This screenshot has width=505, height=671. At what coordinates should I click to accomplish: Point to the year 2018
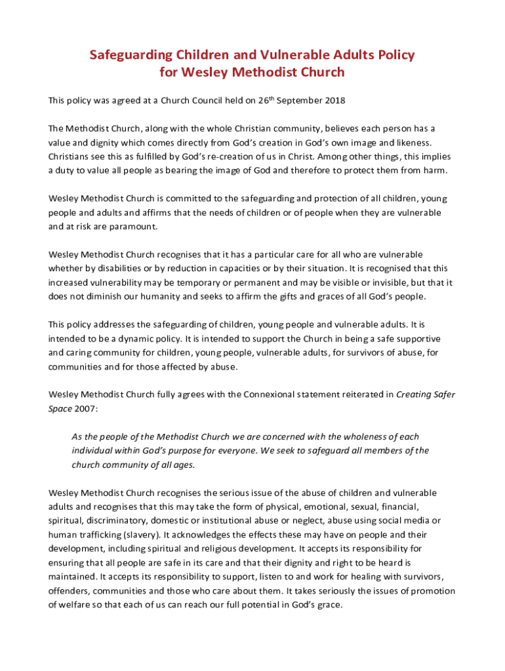tap(333, 101)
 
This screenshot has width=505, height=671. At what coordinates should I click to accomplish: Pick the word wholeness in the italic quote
tap(358, 437)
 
